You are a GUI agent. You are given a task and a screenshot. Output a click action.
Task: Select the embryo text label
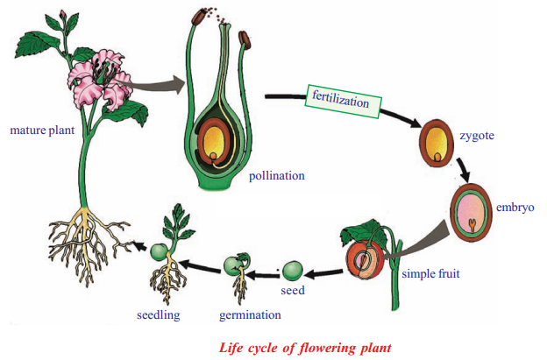(515, 208)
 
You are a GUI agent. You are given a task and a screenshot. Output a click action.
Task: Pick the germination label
(250, 314)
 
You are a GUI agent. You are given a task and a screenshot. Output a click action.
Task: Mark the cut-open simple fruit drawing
(366, 259)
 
